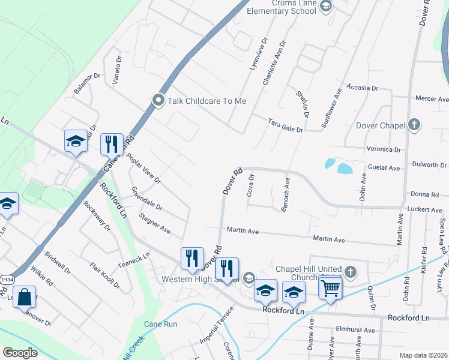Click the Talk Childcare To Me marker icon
click(x=158, y=100)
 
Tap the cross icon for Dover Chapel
click(x=413, y=125)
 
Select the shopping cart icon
click(x=330, y=288)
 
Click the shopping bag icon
click(x=25, y=297)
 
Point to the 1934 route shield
click(x=7, y=279)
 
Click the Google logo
click(x=20, y=353)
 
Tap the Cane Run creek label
click(x=161, y=324)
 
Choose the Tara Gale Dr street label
click(x=285, y=125)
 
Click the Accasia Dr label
click(x=362, y=88)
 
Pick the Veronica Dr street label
click(x=383, y=149)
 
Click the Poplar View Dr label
click(x=143, y=168)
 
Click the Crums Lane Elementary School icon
click(x=325, y=7)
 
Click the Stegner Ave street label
click(x=155, y=223)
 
